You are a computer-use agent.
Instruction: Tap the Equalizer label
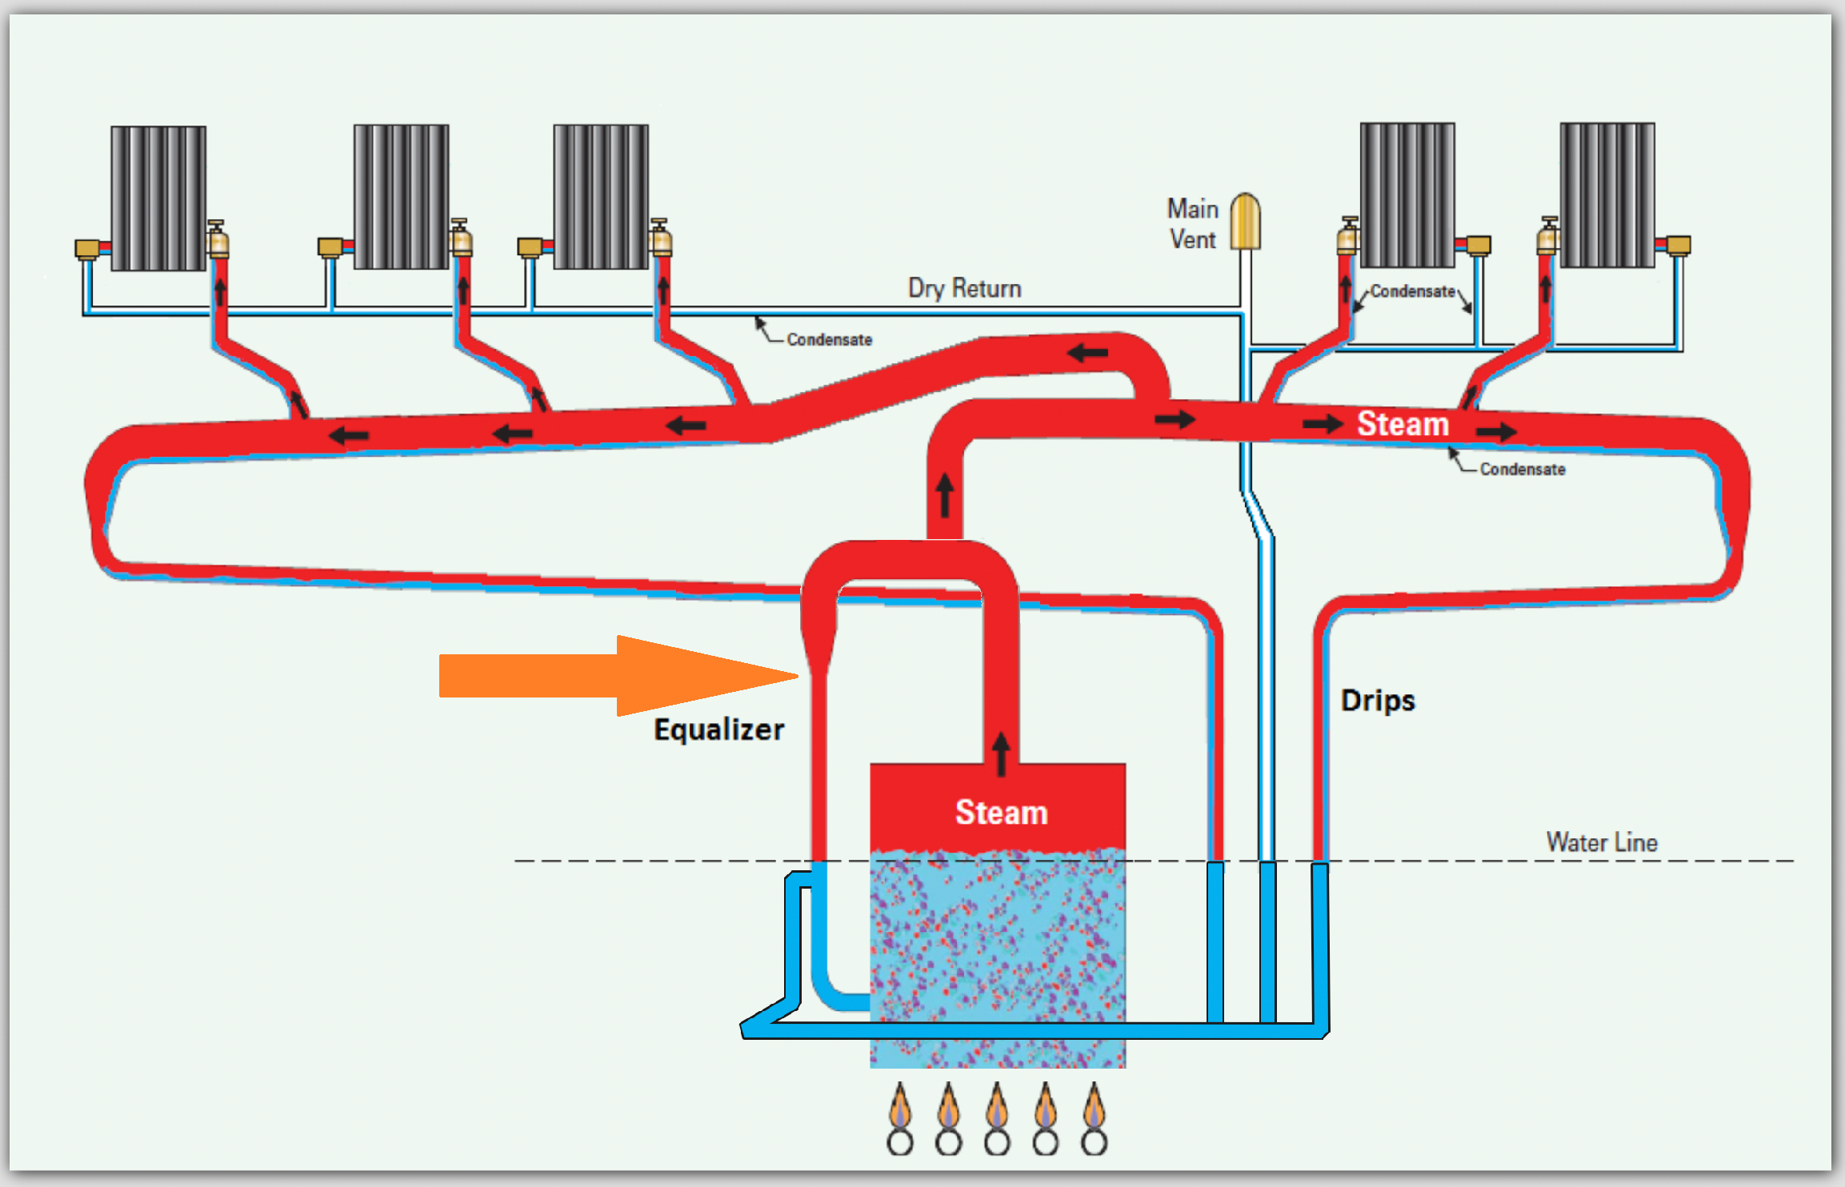(718, 729)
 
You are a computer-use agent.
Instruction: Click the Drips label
(1378, 701)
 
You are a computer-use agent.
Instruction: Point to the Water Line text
(1601, 842)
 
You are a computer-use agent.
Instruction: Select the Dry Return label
(964, 288)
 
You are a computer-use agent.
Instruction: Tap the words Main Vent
(1192, 224)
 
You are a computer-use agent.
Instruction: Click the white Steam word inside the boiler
(1001, 813)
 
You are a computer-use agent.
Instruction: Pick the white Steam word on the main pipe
(1403, 424)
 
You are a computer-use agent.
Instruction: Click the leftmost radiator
(158, 198)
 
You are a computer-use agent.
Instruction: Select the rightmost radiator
(1607, 195)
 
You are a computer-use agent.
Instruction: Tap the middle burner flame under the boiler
(997, 1108)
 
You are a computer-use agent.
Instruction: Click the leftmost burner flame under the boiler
(900, 1108)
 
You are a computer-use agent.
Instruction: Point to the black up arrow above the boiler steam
(1001, 753)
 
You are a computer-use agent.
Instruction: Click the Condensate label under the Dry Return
(829, 340)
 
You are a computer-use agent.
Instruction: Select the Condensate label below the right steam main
(1522, 470)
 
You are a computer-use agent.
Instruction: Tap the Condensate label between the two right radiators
(1412, 292)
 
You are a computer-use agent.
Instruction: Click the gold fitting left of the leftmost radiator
(87, 249)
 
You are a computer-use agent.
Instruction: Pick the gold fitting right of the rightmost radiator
(1678, 245)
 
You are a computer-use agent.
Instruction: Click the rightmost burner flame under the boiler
(1094, 1108)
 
